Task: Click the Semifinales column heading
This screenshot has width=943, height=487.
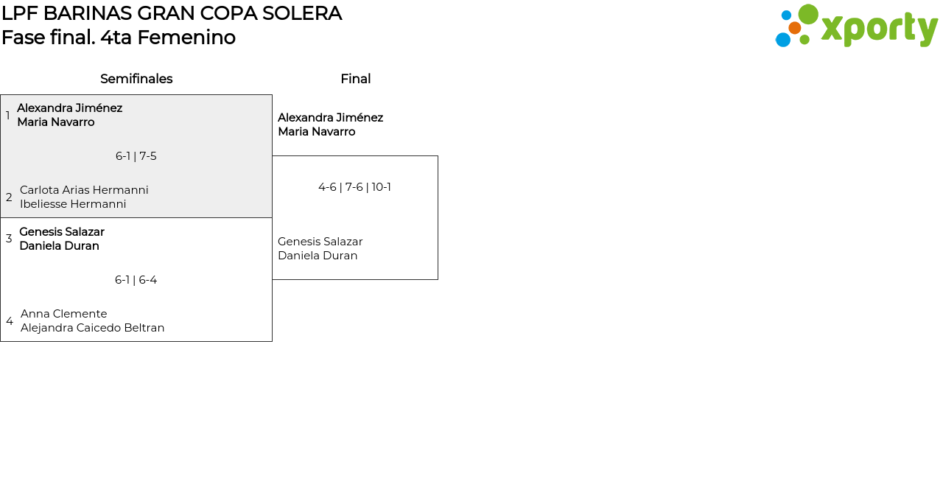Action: (x=136, y=79)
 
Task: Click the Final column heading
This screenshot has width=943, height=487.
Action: (x=355, y=79)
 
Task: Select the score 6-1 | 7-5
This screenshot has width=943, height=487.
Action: (x=136, y=156)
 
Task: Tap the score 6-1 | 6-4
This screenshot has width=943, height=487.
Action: (x=136, y=280)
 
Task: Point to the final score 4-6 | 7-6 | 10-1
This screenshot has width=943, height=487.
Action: (x=354, y=187)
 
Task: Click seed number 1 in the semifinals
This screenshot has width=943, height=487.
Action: (x=8, y=116)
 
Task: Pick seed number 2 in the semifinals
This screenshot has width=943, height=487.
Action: (x=9, y=197)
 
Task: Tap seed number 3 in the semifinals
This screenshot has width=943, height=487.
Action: (x=9, y=239)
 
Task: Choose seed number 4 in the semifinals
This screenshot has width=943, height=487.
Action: (x=10, y=321)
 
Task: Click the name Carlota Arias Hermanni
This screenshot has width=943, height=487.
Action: (x=84, y=190)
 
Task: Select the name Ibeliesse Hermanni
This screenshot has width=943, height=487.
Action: (x=73, y=204)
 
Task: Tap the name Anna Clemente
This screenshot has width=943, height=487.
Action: (x=64, y=314)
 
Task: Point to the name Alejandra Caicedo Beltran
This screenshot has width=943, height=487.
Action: (x=93, y=328)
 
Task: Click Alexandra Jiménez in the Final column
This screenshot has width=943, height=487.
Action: (x=330, y=118)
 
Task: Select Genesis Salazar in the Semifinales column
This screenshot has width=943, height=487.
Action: (x=62, y=232)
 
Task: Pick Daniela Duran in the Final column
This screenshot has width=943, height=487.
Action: (x=318, y=256)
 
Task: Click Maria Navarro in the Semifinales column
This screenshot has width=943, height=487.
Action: (x=56, y=122)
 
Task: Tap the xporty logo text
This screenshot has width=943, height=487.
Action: (x=879, y=29)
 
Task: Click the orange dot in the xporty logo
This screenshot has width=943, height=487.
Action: (x=794, y=28)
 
